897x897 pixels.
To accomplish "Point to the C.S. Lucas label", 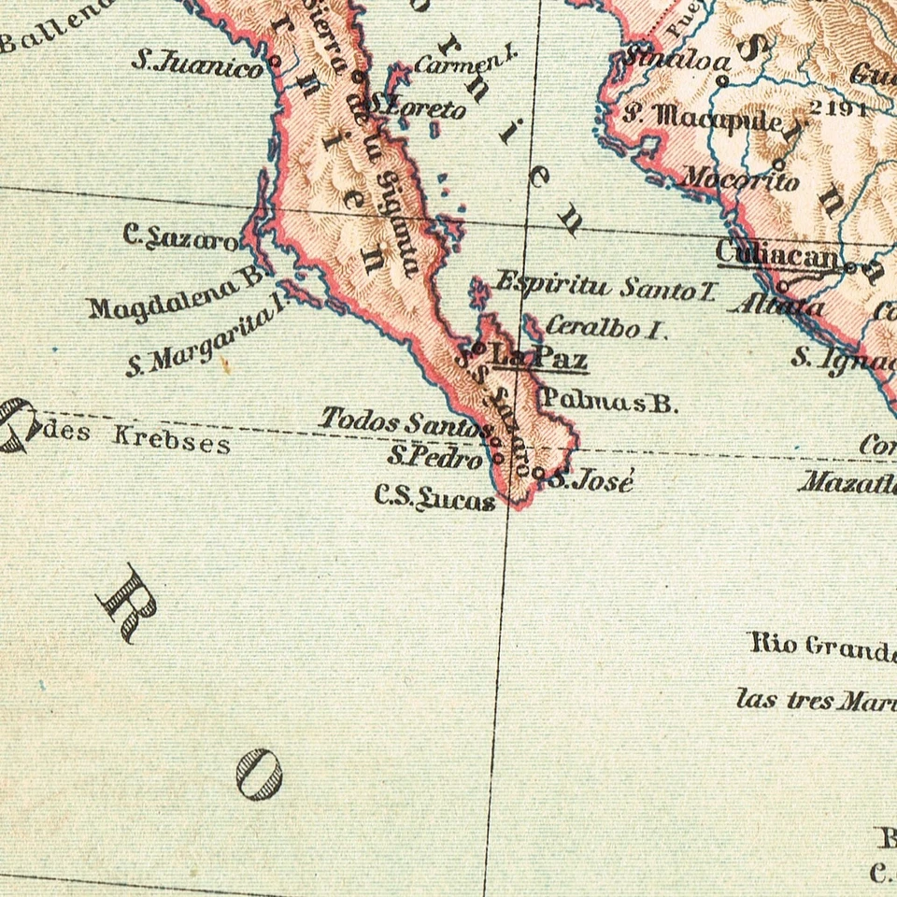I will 434,499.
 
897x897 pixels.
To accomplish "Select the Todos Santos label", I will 404,422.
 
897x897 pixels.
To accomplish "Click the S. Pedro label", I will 435,458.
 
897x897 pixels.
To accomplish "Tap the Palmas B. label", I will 608,403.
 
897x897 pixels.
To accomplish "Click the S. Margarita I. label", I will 206,336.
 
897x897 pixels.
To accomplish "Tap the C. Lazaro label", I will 180,237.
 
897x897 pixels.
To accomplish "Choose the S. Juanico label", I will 197,64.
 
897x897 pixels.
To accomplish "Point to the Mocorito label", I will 740,178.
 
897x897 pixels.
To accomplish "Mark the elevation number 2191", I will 837,107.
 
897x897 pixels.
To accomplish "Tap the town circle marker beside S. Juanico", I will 276,62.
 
